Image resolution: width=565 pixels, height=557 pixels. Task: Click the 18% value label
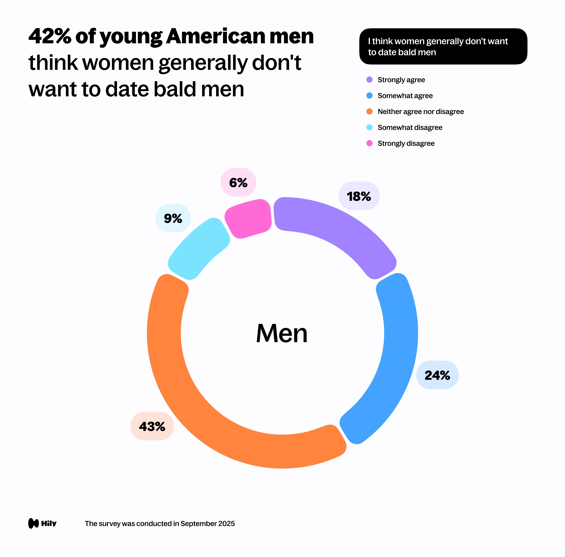pos(359,196)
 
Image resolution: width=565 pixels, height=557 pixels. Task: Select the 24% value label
pos(437,375)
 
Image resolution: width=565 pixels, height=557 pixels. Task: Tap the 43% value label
pos(152,426)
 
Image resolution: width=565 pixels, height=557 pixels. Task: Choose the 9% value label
pos(173,218)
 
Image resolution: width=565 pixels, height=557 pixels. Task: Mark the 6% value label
pos(238,182)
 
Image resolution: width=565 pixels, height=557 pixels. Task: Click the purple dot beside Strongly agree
pos(369,80)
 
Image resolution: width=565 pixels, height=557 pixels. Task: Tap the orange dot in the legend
pos(369,111)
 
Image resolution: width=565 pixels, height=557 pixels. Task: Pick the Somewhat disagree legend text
pos(410,127)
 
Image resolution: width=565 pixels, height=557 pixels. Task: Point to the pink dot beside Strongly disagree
pos(369,143)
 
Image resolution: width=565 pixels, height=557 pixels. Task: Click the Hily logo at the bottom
pos(42,523)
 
